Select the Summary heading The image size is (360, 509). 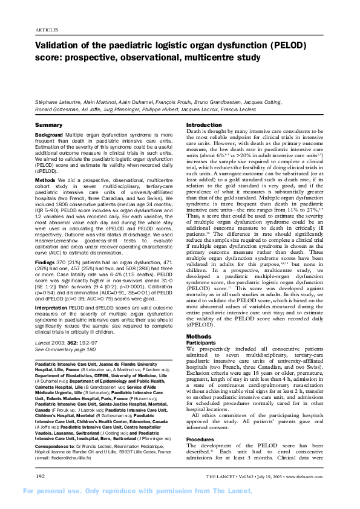(x=49, y=124)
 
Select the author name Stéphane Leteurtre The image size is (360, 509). (x=56, y=104)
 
